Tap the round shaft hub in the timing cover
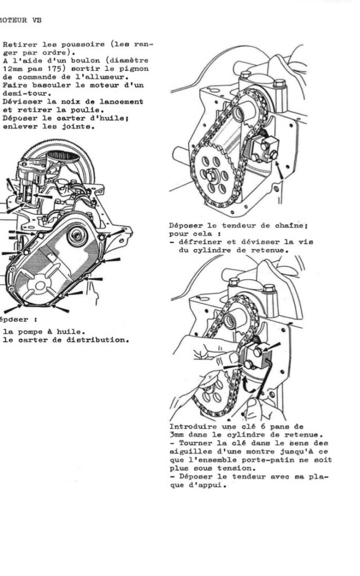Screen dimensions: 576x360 pyautogui.click(x=77, y=235)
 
